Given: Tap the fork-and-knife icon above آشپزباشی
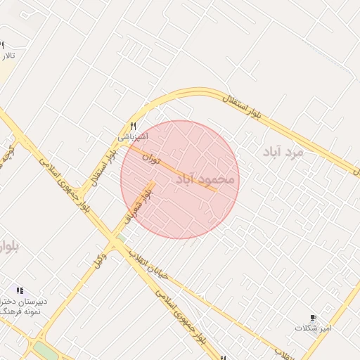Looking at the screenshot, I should tap(133, 125).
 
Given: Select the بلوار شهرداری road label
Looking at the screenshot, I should tap(137, 202).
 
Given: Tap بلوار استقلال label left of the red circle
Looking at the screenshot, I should tap(98, 169).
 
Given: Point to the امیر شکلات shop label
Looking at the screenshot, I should tap(313, 328).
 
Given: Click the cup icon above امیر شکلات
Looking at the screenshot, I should tap(313, 318).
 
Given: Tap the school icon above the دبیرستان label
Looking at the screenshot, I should tap(20, 290).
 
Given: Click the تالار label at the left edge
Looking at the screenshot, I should tap(7, 56).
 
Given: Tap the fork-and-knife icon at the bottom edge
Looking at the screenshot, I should tap(223, 357).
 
